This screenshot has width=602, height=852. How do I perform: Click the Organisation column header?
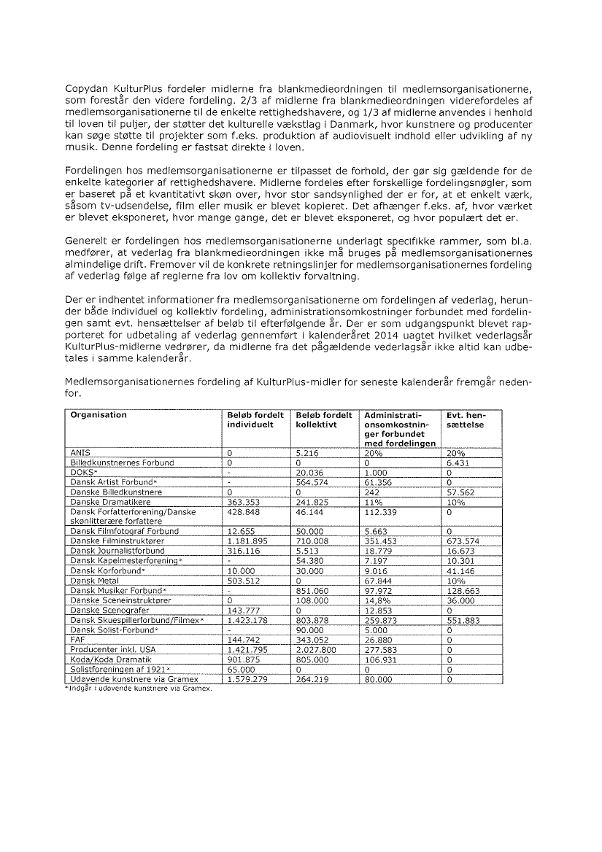pyautogui.click(x=99, y=414)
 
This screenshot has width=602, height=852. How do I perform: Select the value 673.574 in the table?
pyautogui.click(x=462, y=541)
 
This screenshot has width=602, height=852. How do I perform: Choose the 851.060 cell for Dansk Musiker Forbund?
pyautogui.click(x=312, y=589)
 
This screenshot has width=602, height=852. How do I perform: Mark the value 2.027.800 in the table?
pyautogui.click(x=317, y=648)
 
